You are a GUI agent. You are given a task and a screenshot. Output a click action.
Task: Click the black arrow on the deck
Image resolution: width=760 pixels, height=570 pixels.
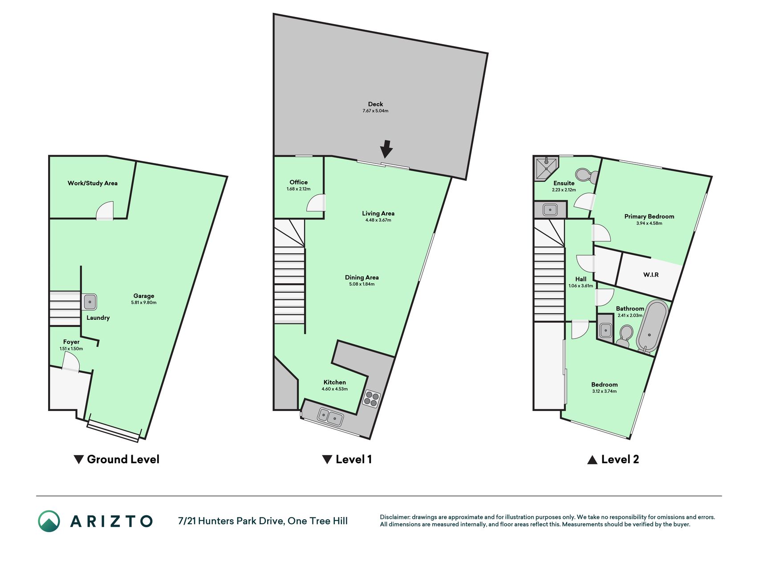[x=386, y=149]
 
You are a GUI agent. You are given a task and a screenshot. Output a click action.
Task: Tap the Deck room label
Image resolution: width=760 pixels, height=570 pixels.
[x=375, y=104]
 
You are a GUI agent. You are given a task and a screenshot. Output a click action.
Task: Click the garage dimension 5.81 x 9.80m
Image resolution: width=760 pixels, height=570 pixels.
[x=143, y=303]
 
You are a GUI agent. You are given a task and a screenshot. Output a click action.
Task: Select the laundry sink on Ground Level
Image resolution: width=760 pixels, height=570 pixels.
[x=90, y=302]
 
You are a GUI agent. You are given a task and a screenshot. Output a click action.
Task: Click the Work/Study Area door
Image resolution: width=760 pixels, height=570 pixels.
[x=105, y=211]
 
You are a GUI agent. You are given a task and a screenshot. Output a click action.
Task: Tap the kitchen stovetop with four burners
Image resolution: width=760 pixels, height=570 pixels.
[x=372, y=398]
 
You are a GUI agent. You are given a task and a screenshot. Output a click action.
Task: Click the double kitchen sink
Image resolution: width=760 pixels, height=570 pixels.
[x=330, y=417]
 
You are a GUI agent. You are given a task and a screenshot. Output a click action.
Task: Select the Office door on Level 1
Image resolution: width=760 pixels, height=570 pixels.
[x=316, y=203]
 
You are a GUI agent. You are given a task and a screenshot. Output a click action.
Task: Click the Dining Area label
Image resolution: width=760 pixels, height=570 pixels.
[x=362, y=277]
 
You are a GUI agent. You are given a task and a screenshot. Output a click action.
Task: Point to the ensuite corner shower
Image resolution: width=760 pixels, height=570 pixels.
[x=545, y=168]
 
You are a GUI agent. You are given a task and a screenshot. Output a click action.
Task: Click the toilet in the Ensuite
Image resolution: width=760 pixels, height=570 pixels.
[x=587, y=175]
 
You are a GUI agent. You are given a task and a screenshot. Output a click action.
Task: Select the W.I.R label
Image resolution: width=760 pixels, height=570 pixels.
[x=650, y=275]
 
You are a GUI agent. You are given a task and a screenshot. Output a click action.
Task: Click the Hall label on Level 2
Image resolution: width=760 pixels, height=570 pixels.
[x=581, y=279]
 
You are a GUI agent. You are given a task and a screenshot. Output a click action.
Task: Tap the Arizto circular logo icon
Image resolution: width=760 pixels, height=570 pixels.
[x=49, y=521]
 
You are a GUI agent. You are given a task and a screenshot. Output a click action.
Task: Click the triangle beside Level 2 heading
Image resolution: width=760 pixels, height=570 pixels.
[x=592, y=460]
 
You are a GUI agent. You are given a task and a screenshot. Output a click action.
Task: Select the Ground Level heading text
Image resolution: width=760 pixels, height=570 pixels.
[x=123, y=459]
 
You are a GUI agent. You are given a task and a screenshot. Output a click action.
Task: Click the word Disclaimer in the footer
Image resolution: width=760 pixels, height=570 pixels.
[x=394, y=517]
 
